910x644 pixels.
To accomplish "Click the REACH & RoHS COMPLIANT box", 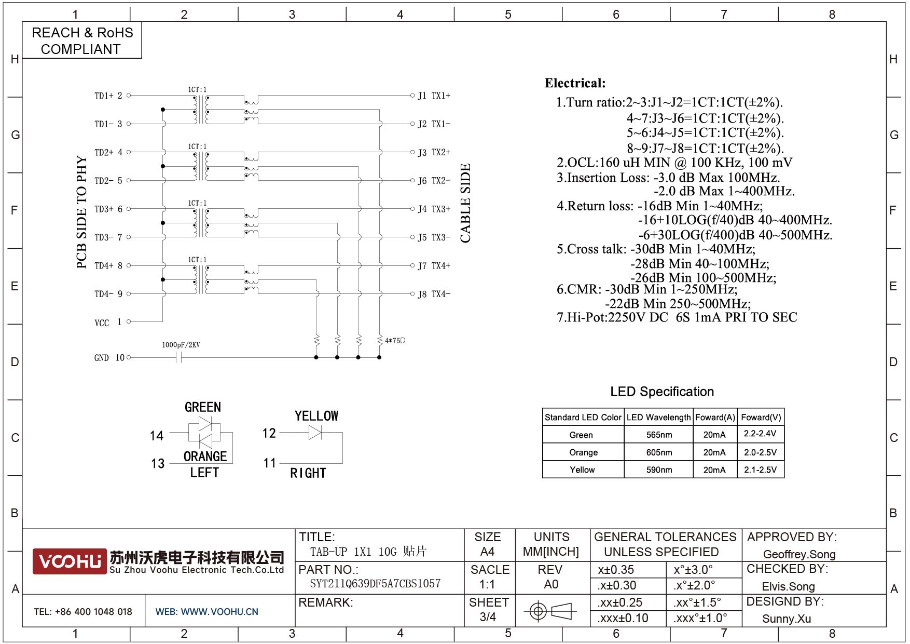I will pos(82,41).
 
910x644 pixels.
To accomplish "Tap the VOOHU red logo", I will pos(70,561).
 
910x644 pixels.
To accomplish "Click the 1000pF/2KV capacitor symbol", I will pos(178,357).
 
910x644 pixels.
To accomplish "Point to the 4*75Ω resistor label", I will pos(395,341).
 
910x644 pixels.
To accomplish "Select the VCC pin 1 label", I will pos(108,323).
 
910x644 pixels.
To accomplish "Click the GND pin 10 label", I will pos(109,358).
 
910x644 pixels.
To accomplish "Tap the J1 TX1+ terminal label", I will pos(434,96).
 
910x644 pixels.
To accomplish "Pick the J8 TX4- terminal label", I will pos(434,294).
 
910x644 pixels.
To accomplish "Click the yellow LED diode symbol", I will pos(315,433).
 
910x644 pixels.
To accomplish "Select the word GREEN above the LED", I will pos(203,407).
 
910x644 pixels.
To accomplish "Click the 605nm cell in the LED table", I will pos(659,452).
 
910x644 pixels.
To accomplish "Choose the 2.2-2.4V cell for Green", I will pos(760,434).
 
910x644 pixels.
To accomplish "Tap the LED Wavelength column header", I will pos(658,418).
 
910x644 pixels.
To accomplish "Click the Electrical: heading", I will pos(575,83).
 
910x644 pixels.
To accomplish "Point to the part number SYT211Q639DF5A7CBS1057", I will pos(375,584).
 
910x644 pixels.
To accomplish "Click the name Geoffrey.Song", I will pos(799,554).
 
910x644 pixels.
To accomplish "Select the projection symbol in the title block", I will pos(550,611).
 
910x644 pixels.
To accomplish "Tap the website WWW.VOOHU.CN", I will pos(219,612).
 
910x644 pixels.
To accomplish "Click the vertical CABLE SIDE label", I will pos(465,203).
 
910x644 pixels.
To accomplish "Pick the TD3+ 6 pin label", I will pos(108,209).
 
